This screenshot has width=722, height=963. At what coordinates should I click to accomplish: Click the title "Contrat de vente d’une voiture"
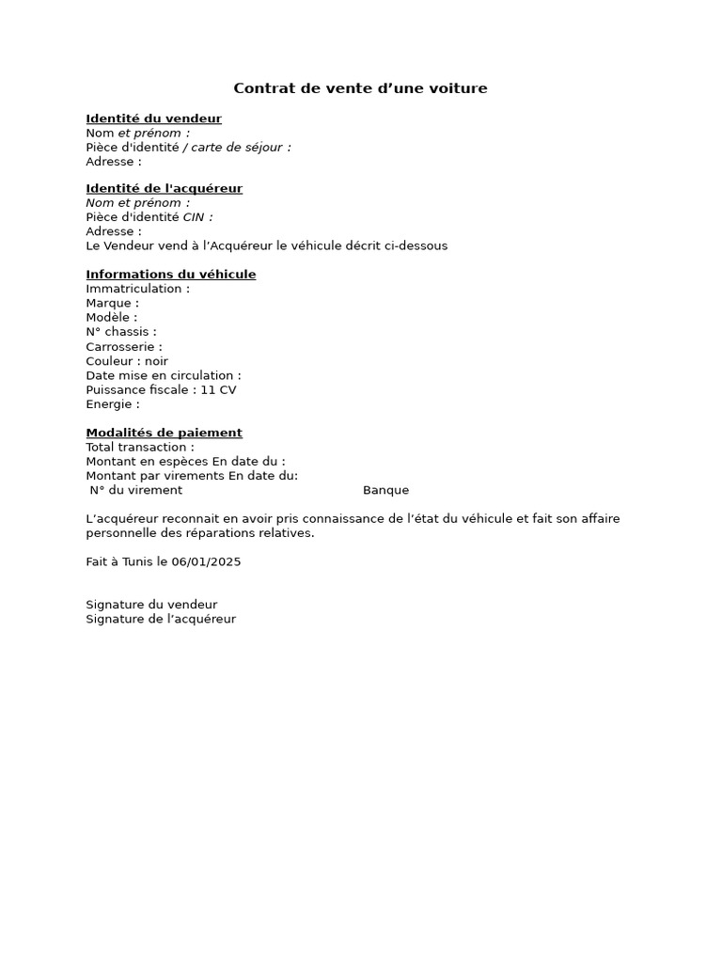[360, 88]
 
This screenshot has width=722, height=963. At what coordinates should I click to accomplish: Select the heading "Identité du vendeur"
[153, 118]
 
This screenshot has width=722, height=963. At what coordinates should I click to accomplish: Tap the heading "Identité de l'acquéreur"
[164, 188]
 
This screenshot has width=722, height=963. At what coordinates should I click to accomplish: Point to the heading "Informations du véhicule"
[170, 275]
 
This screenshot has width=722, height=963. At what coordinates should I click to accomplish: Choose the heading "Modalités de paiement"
[164, 433]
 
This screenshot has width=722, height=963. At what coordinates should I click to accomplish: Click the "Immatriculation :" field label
[137, 289]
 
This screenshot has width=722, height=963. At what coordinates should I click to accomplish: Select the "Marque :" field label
[112, 303]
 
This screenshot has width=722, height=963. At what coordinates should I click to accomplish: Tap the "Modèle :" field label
[111, 318]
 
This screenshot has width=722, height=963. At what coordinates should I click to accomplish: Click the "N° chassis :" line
[121, 332]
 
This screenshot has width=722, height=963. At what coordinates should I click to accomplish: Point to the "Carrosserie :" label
[124, 347]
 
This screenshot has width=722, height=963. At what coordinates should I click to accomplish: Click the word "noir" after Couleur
[156, 361]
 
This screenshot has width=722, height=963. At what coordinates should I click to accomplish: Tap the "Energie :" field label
[113, 404]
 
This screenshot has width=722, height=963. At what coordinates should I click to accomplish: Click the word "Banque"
[385, 490]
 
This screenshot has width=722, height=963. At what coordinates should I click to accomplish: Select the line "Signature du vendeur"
[151, 605]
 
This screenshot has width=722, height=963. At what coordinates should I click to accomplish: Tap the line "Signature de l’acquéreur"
[161, 619]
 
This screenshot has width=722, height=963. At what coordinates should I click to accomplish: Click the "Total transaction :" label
[140, 447]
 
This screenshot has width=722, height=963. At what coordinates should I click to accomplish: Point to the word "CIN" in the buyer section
[193, 217]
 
